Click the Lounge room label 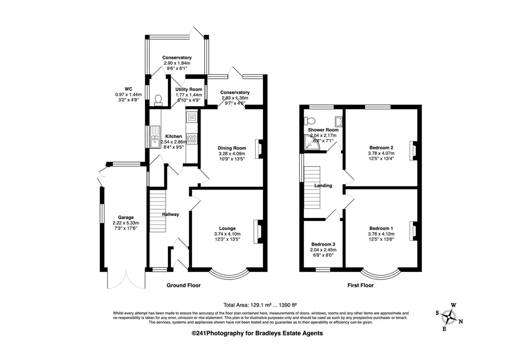point(227,229)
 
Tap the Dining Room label point(232,148)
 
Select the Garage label point(126,217)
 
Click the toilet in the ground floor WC point(158,100)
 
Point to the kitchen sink point(155,136)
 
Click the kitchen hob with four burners point(192,139)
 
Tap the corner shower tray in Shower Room point(312,142)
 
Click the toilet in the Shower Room point(310,120)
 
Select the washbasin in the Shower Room point(339,121)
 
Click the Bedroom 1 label point(381,229)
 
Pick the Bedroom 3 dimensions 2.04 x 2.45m point(323,250)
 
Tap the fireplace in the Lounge point(258,231)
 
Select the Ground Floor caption point(183,285)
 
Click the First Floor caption point(361,285)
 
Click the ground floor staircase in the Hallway point(158,211)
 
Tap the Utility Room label point(189,89)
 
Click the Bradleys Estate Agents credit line point(258,333)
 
